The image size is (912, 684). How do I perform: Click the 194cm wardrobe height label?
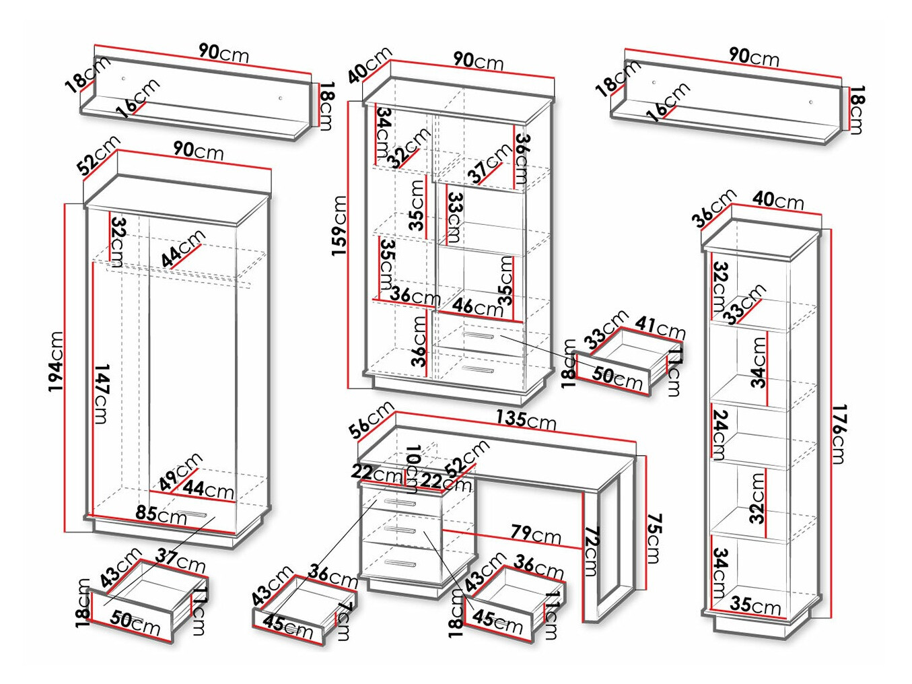56,362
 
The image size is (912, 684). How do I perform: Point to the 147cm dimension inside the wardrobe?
101,394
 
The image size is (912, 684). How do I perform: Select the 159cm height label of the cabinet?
339,226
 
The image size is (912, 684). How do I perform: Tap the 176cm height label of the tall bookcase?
838,434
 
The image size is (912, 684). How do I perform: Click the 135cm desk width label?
526,419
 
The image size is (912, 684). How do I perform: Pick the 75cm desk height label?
654,539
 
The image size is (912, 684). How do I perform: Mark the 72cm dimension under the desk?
591,552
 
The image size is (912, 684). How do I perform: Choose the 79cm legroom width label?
535,535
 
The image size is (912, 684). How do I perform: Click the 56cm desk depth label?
371,419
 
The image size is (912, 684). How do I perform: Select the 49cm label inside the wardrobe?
180,471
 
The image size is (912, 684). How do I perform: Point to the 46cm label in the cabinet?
477,307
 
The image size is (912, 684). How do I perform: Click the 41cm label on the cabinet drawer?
660,328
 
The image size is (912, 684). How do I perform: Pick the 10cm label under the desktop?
413,464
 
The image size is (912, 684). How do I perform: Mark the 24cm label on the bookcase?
719,434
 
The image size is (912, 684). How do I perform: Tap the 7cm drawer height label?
344,622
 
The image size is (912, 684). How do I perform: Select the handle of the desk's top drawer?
398,502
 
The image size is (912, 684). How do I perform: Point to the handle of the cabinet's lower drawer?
478,369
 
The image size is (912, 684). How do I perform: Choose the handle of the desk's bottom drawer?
398,563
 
